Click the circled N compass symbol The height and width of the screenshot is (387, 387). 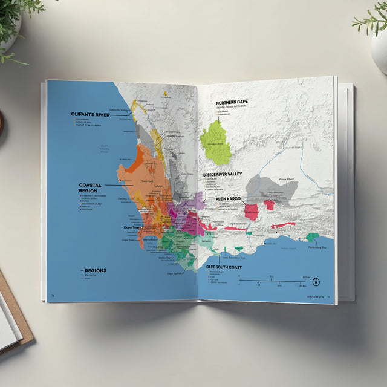click(x=315, y=281)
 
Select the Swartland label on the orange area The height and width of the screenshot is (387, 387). click(x=130, y=180)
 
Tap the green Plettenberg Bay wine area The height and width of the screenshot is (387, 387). click(x=312, y=238)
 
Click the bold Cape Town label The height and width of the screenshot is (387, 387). click(x=132, y=227)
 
